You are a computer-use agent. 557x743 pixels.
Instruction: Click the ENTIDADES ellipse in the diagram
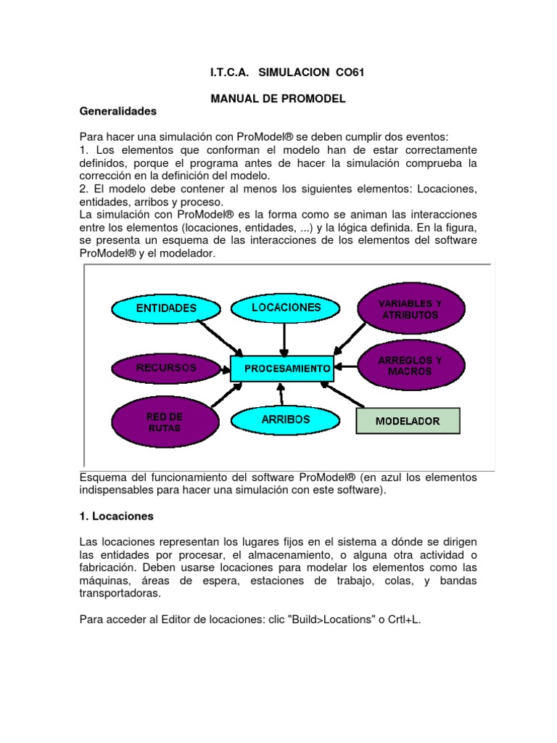point(166,308)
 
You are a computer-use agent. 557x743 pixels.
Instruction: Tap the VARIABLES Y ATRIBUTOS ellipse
point(410,309)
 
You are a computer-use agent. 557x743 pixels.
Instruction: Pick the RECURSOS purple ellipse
point(166,368)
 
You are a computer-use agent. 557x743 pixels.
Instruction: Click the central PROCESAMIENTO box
point(282,369)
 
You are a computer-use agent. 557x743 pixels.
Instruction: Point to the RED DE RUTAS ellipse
point(165,422)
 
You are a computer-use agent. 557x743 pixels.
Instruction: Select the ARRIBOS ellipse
point(285,419)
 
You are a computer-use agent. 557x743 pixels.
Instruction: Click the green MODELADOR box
point(408,421)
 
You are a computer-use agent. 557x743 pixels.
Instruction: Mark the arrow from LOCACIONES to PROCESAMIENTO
point(284,338)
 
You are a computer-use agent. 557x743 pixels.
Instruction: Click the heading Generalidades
point(117,112)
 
